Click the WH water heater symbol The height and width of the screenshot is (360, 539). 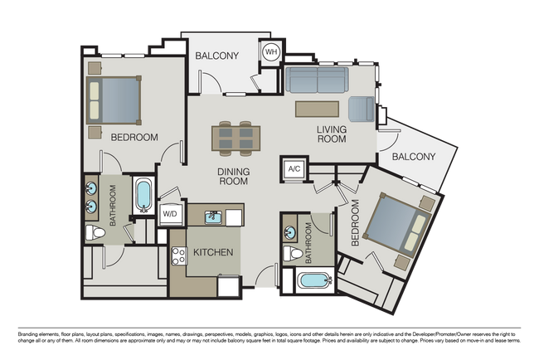[271, 52]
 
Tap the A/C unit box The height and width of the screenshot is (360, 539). [294, 169]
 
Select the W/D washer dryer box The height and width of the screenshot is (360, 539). [170, 214]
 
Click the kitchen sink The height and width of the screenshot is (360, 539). [213, 217]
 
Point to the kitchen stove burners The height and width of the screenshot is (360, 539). [179, 255]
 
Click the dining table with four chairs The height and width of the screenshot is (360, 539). [236, 139]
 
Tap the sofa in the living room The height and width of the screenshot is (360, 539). [317, 80]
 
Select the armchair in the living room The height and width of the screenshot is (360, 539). [362, 109]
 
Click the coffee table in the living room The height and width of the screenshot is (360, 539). [317, 109]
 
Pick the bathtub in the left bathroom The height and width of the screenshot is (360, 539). [143, 196]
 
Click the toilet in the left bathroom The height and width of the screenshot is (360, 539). [95, 233]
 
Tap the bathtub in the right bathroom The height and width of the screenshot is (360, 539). [315, 280]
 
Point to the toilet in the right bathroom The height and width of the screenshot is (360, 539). [293, 254]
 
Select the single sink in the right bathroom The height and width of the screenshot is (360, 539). [290, 232]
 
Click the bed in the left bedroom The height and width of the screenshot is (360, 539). [114, 100]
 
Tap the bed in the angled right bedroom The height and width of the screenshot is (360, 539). [397, 225]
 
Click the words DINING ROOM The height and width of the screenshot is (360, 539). [233, 177]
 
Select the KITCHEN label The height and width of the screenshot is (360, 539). [213, 252]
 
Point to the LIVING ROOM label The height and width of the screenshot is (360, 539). [332, 134]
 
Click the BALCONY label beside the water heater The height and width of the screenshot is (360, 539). [217, 56]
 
